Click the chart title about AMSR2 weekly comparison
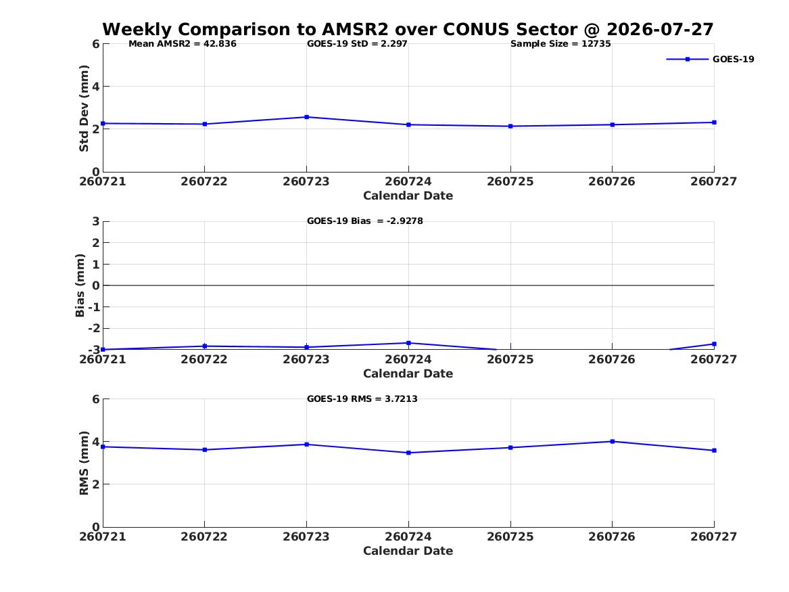(408, 29)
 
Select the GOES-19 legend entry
(710, 59)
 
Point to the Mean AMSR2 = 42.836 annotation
(182, 44)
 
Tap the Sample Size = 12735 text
(560, 44)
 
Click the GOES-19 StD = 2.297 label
(357, 44)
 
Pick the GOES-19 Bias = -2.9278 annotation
(365, 221)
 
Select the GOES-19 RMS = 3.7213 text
(362, 399)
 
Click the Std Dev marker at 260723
(306, 117)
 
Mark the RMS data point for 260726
(613, 442)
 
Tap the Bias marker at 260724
(408, 343)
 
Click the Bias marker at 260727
(714, 344)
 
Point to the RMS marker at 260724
(408, 453)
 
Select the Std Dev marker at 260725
(510, 127)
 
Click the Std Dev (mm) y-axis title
(84, 108)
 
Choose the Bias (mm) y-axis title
(80, 286)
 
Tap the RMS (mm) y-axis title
(84, 463)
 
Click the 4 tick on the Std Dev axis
(95, 87)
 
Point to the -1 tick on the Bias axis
(93, 307)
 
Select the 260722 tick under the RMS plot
(204, 537)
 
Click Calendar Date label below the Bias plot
(408, 373)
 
